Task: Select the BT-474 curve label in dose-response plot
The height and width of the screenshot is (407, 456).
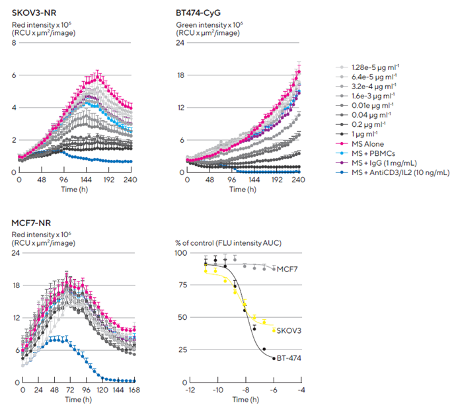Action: [x=289, y=357]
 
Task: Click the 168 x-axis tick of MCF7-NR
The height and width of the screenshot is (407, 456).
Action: [x=134, y=390]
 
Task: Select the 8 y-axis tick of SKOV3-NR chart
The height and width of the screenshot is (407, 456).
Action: [x=13, y=44]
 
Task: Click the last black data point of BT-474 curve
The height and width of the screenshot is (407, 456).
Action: [x=274, y=358]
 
